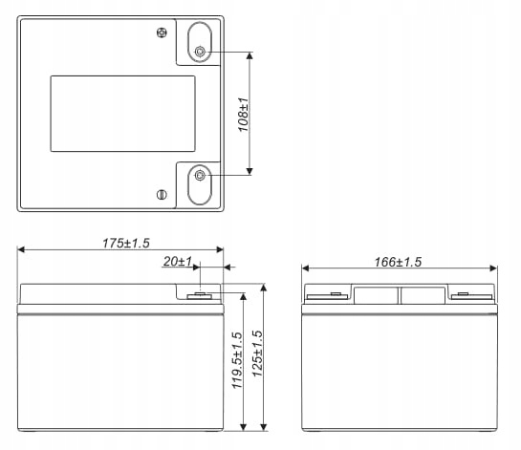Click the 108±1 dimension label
tap(243, 114)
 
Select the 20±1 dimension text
tap(179, 261)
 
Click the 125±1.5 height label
tap(256, 354)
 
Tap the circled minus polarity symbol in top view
tap(161, 195)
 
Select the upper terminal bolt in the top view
tap(200, 52)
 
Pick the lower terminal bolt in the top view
tap(200, 175)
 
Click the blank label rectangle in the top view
tap(121, 114)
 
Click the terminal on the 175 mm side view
tap(203, 293)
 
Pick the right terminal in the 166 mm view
tap(462, 294)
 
